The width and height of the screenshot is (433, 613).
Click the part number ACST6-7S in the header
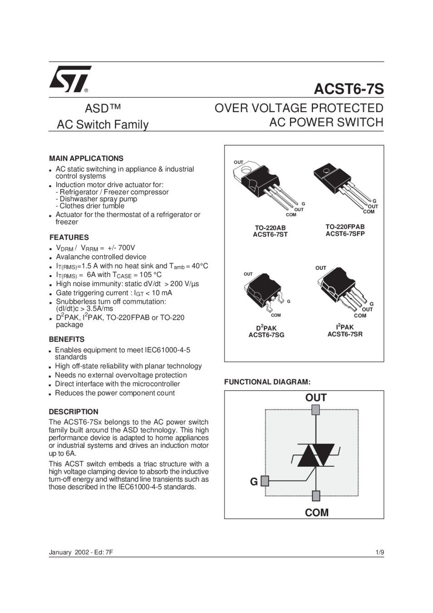point(349,89)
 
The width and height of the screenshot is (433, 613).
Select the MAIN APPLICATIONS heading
point(86,158)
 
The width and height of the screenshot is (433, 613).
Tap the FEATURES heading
point(69,237)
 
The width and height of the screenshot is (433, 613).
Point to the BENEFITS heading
point(67,339)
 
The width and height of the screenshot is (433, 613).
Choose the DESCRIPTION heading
point(74,412)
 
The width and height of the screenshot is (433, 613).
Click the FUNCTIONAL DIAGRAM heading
point(267,382)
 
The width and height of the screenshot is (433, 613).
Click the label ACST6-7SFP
point(345,234)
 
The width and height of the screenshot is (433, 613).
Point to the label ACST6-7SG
point(266,335)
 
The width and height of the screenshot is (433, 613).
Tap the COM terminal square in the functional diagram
point(316,495)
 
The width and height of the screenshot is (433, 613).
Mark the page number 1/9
point(379,553)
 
